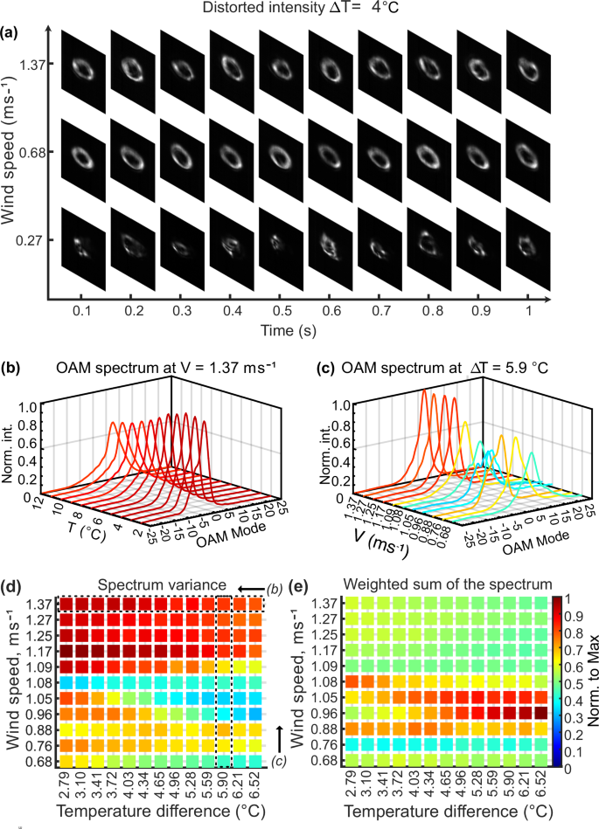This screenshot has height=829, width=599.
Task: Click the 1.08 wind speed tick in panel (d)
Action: point(41,679)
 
